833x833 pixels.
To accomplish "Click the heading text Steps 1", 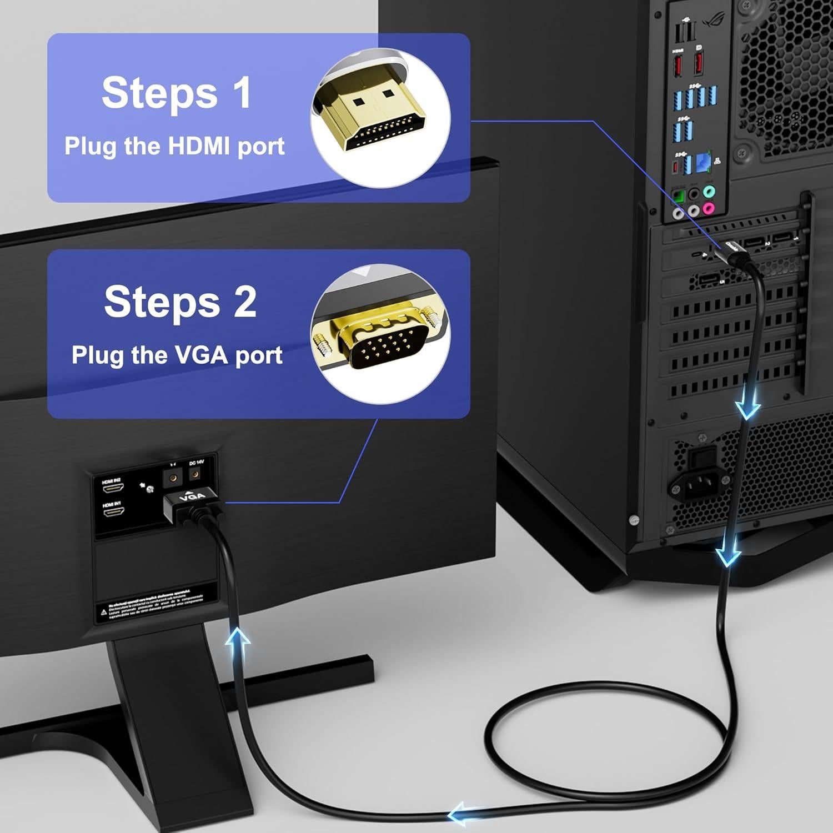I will tap(176, 93).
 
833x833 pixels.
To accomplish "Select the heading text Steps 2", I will tap(180, 302).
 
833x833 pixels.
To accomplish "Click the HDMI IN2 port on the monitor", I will tap(113, 489).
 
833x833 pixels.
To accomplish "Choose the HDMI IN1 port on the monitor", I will tap(113, 511).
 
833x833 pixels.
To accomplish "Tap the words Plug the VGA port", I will tap(177, 355).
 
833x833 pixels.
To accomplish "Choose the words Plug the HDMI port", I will tap(174, 146).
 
